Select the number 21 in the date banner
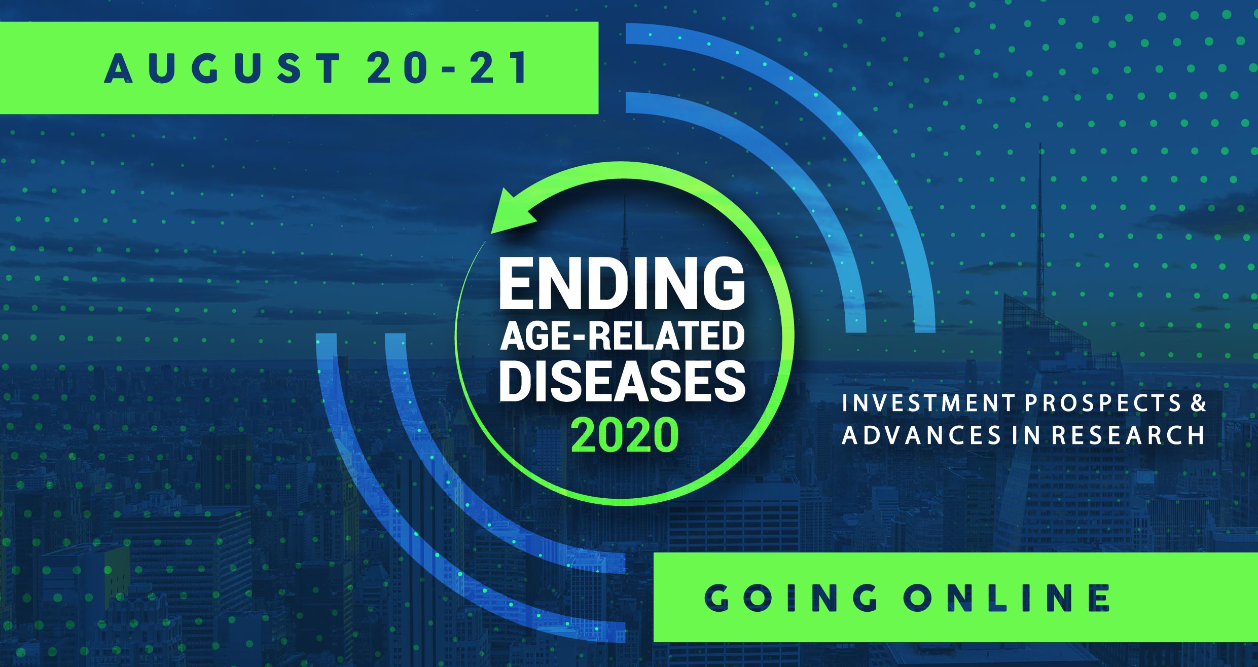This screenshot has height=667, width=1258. [x=499, y=68]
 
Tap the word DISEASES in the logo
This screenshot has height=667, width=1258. [x=622, y=381]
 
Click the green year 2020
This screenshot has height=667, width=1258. [x=625, y=435]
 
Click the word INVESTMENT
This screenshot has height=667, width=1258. [x=927, y=403]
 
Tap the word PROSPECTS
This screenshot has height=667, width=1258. [x=1103, y=403]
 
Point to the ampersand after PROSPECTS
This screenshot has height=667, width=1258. [x=1198, y=403]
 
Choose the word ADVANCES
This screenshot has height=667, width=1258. [x=921, y=435]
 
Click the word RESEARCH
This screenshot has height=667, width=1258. [x=1128, y=435]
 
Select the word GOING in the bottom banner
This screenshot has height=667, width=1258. [x=791, y=598]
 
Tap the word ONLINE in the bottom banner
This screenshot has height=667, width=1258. [x=1007, y=598]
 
